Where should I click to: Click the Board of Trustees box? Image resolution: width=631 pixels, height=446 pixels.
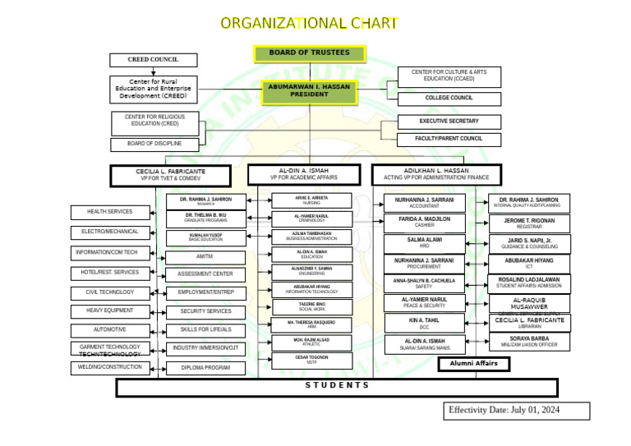(309, 53)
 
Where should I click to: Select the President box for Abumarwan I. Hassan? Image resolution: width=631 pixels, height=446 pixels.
(309, 91)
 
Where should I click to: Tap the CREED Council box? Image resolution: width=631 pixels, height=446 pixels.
(154, 60)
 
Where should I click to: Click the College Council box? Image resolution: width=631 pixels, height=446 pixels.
(449, 99)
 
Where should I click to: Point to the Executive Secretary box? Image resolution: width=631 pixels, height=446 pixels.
(449, 122)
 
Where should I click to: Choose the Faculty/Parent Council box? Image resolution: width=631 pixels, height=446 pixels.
(449, 140)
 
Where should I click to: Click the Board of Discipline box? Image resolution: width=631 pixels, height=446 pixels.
(154, 145)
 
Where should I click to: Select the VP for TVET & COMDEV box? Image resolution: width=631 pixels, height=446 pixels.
(170, 175)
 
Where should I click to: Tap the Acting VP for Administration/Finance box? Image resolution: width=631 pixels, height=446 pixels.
(436, 174)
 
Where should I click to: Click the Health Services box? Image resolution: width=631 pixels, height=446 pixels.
(109, 213)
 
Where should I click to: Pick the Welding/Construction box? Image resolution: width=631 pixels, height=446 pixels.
(111, 368)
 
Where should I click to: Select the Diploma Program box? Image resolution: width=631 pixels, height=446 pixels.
(205, 369)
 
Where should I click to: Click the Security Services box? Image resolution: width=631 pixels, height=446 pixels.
(205, 312)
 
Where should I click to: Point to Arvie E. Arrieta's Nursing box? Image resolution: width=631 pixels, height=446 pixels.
(311, 200)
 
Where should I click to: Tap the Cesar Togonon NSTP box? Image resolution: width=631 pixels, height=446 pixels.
(311, 360)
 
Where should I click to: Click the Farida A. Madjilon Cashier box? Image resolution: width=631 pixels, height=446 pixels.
(424, 222)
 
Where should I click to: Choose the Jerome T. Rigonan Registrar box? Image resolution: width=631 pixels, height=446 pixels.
(529, 223)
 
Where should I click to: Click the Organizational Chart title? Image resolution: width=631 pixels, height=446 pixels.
(310, 23)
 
